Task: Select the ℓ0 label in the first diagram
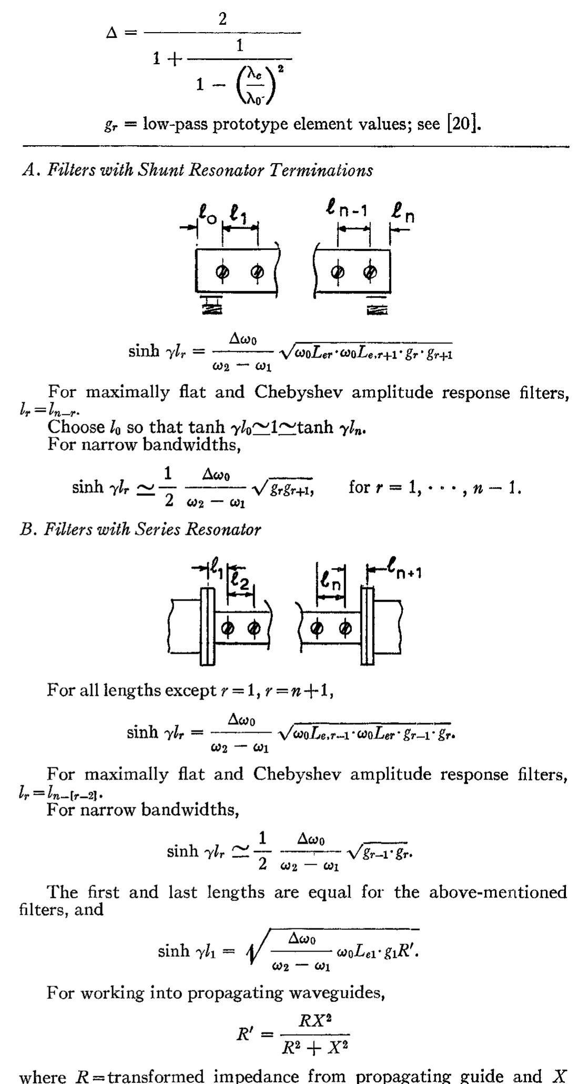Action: click(206, 215)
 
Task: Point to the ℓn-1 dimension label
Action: click(347, 211)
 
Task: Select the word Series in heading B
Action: click(157, 529)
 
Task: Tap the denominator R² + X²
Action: click(315, 1048)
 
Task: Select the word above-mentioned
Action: click(498, 892)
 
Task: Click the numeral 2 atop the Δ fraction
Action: click(222, 19)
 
